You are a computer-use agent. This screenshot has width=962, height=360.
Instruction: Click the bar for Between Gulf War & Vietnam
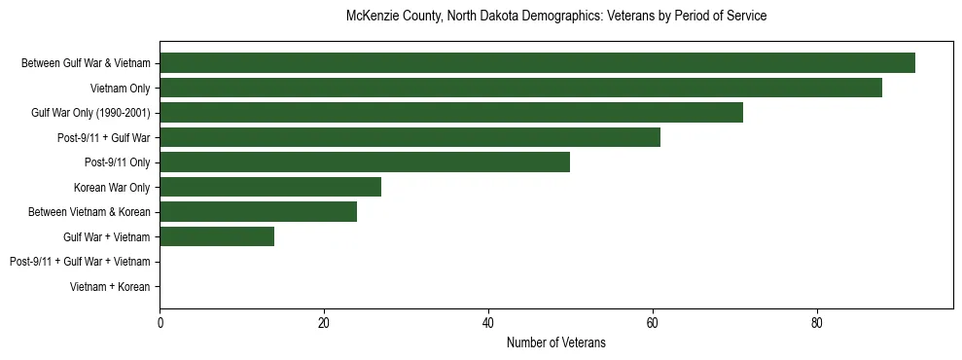tap(537, 63)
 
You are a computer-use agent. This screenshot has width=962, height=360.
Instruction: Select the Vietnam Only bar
tap(520, 88)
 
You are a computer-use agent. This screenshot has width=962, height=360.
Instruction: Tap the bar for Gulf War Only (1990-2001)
tap(451, 113)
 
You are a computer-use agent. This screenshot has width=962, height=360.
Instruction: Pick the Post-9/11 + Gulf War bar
tap(410, 137)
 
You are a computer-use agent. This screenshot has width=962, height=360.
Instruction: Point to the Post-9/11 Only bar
tap(365, 162)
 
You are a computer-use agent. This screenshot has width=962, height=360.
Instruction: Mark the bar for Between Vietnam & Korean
tap(258, 212)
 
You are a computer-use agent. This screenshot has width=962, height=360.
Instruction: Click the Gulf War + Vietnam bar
tap(217, 236)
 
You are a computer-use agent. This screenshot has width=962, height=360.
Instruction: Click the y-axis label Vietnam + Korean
tap(110, 287)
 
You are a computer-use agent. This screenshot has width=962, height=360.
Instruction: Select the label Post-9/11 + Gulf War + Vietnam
tap(80, 262)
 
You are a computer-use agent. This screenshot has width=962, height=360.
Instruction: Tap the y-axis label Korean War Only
tap(112, 187)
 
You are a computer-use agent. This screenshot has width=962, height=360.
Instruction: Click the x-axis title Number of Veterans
tap(555, 342)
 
